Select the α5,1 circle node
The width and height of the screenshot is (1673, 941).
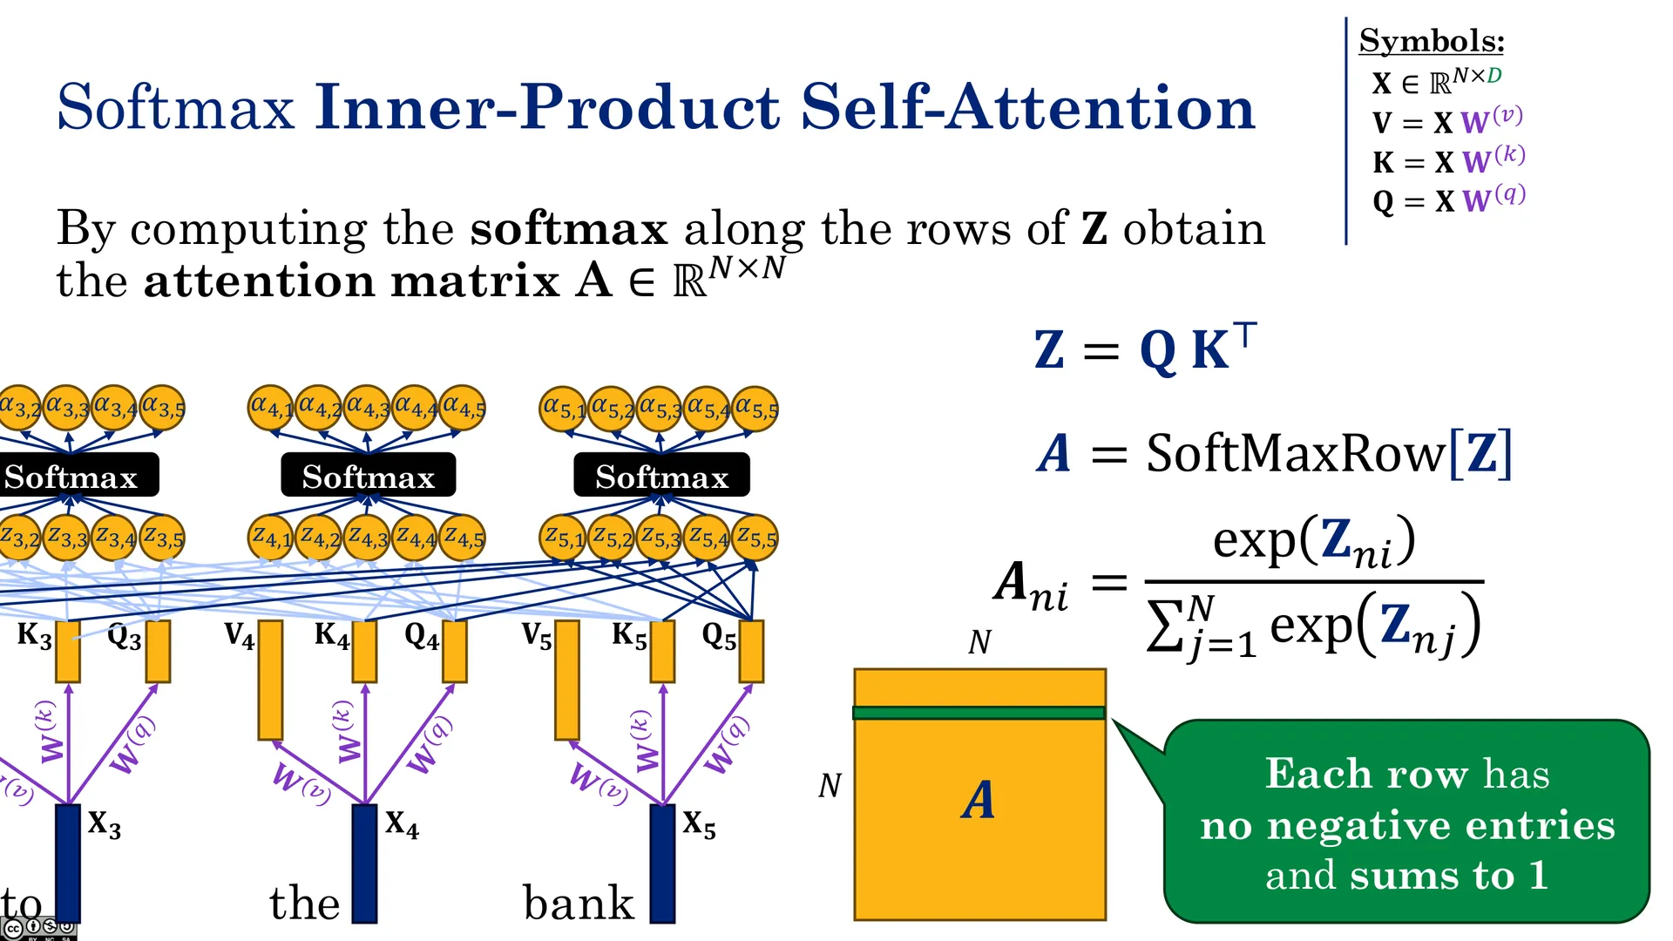point(562,409)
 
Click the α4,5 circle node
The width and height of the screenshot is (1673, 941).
point(462,408)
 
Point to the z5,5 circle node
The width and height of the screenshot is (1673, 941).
point(755,538)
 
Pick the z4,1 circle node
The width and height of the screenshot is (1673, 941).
point(271,538)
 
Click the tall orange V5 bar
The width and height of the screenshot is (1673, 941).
point(567,680)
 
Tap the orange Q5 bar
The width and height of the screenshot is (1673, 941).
point(751,651)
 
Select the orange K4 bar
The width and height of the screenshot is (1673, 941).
point(364,651)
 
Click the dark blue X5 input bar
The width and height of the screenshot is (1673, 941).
point(662,863)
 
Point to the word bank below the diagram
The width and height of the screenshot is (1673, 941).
point(579,903)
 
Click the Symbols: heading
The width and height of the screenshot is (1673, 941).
point(1432,41)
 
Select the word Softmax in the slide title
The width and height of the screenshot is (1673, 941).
point(176,107)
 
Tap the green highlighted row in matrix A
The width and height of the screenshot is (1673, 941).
point(979,713)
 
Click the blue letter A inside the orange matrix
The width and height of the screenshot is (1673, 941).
point(979,799)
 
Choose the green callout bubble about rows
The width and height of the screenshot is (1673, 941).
point(1406,821)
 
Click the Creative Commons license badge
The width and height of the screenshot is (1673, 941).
point(38,929)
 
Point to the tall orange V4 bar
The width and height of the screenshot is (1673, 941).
point(270,680)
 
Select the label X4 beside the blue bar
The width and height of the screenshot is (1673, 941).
point(402,823)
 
